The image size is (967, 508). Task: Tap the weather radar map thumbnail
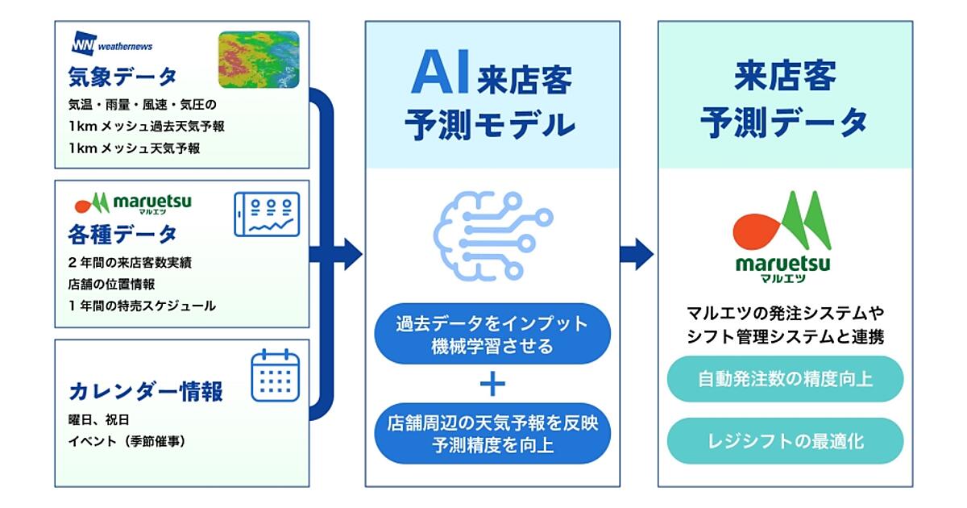click(259, 60)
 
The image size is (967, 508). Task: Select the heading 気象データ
click(122, 78)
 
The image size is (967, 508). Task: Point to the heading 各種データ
click(122, 235)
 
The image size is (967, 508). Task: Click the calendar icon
click(275, 376)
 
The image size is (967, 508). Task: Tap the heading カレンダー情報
click(146, 392)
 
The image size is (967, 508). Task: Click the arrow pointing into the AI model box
click(348, 253)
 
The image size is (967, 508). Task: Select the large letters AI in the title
click(439, 75)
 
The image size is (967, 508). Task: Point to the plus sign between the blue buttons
click(492, 385)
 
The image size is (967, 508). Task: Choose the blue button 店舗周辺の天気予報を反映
click(492, 433)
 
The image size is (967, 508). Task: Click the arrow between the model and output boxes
click(637, 253)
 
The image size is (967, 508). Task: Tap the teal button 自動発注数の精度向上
click(785, 378)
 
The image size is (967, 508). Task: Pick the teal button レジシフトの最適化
click(785, 440)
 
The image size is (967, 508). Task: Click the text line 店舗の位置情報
click(111, 284)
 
